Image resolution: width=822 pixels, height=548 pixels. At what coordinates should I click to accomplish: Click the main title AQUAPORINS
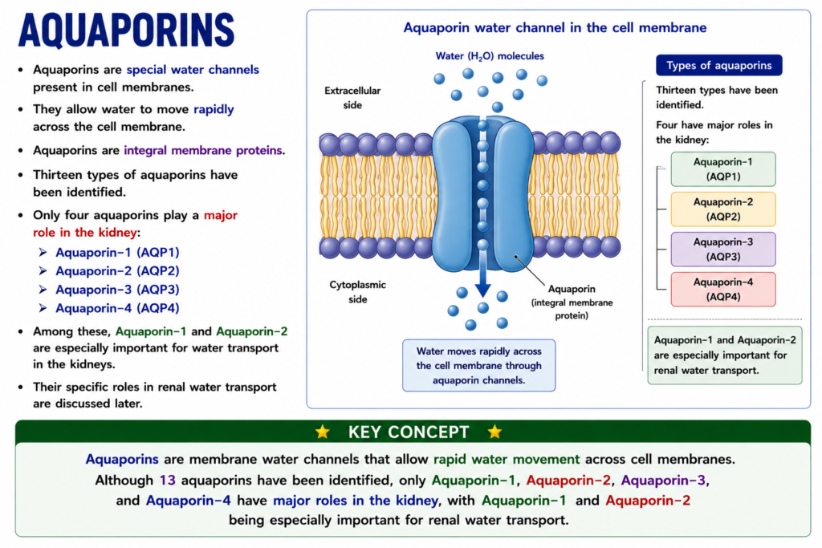coord(126,30)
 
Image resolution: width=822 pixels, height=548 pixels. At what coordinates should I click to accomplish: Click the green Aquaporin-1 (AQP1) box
coord(723,169)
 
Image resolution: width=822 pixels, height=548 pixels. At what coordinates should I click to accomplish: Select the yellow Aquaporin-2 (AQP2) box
coord(723,209)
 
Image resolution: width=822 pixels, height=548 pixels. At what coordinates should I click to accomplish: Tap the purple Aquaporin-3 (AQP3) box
coord(723,250)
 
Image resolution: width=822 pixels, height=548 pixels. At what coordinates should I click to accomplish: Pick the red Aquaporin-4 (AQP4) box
coord(723,289)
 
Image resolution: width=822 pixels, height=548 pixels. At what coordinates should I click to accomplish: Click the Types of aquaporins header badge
coord(718,66)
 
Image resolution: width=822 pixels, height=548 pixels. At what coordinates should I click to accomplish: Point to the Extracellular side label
coord(352,98)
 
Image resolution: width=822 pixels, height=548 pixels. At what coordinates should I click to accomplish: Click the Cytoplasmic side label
coord(357,292)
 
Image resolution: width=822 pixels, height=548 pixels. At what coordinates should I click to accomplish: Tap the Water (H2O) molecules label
coord(490,56)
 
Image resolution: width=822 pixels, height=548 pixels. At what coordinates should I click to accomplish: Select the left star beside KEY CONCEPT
coord(323,432)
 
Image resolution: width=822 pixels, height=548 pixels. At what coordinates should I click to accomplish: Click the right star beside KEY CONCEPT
coord(494,432)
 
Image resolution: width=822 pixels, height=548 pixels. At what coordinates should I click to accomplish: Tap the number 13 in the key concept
coord(167,480)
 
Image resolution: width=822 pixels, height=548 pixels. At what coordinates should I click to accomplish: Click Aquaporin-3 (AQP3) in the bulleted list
coord(117,289)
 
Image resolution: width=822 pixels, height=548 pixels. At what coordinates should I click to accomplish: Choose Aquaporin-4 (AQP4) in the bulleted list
coord(117,308)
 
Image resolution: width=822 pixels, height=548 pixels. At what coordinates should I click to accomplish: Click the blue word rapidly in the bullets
coord(214,109)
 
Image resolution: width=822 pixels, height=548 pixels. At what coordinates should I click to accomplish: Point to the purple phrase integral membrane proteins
coord(203,150)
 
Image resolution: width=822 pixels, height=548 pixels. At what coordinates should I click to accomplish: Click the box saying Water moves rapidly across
coord(478,365)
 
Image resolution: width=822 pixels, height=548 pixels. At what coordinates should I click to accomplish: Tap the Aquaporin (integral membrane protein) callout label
coord(572,302)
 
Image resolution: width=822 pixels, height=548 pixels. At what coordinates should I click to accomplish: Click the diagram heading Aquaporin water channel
coord(555,28)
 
